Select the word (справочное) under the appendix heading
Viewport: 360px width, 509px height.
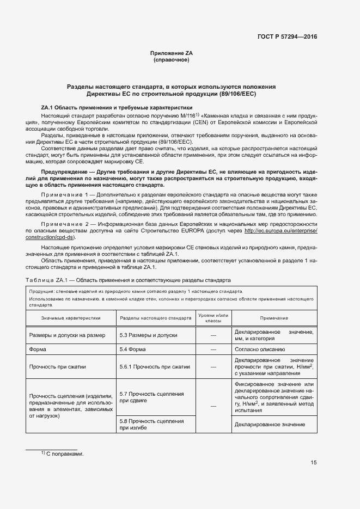pyautogui.click(x=172, y=59)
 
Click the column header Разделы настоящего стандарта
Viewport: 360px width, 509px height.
pyautogui.click(x=155, y=317)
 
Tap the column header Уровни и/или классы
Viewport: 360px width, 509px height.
pyautogui.click(x=213, y=317)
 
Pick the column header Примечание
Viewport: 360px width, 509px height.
pyautogui.click(x=274, y=317)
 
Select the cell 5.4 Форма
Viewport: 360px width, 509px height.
pyautogui.click(x=132, y=349)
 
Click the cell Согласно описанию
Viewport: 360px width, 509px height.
pyautogui.click(x=259, y=349)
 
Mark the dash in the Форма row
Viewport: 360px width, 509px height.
pyautogui.click(x=213, y=349)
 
